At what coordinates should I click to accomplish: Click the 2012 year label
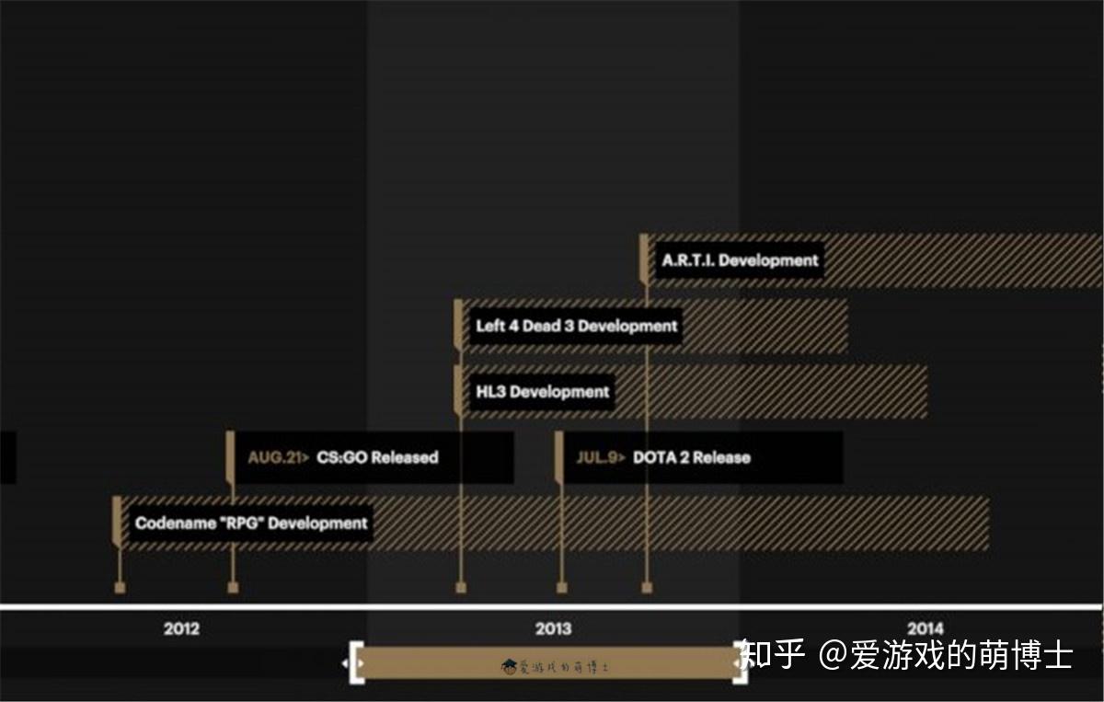(x=181, y=629)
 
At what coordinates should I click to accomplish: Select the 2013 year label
(x=553, y=629)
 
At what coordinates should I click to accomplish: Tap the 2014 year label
(x=925, y=629)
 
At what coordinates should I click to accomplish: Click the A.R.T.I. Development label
(x=740, y=260)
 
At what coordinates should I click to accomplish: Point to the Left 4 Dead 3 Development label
(x=577, y=326)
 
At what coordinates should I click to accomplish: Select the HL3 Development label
(x=543, y=392)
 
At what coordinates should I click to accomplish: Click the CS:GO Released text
(x=377, y=457)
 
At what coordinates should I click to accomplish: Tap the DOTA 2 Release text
(x=691, y=457)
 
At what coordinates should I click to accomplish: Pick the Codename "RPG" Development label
(x=251, y=524)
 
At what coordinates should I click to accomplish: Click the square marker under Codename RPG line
(x=120, y=587)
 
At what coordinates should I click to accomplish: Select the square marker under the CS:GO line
(x=233, y=587)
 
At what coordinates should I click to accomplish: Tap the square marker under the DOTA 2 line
(x=561, y=587)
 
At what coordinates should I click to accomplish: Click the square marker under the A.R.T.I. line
(x=647, y=587)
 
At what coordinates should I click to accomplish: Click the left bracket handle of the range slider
(x=356, y=662)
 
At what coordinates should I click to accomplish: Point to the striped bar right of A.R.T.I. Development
(x=961, y=260)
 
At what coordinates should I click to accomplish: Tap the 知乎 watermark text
(x=773, y=655)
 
